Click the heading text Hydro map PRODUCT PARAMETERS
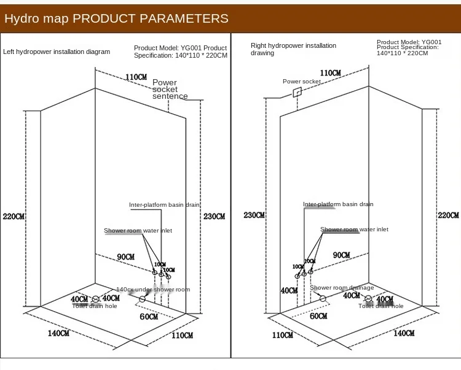(x=117, y=18)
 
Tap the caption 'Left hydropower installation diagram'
(x=57, y=52)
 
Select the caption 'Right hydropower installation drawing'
(x=293, y=49)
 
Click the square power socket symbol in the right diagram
(x=297, y=92)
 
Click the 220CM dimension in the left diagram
(x=13, y=217)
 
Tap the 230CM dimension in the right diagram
(x=254, y=215)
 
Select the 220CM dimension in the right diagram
(x=448, y=215)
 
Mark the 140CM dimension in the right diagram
(x=404, y=333)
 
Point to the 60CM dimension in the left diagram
(x=149, y=317)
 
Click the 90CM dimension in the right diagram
(x=341, y=255)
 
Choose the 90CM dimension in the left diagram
(x=126, y=256)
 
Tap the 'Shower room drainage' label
(x=342, y=287)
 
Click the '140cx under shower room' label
(x=153, y=290)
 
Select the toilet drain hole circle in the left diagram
(x=95, y=299)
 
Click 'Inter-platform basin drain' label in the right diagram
(x=338, y=204)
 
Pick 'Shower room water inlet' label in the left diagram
(x=138, y=231)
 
